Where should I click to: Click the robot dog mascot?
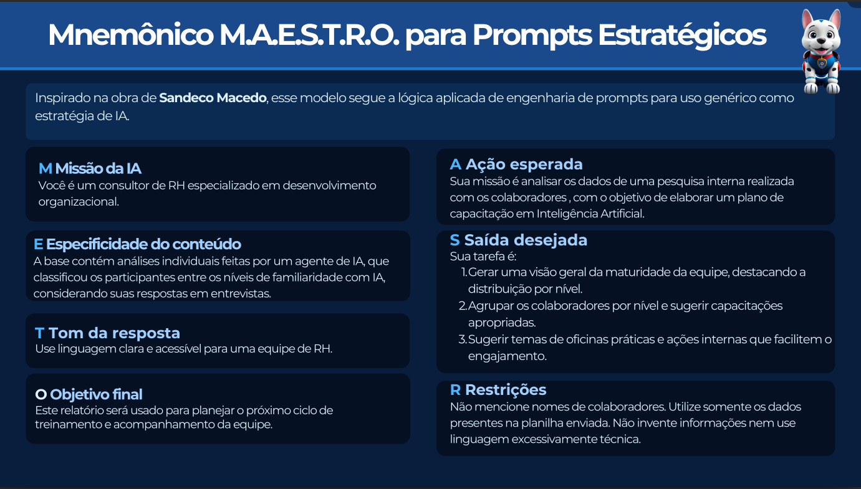coord(821,52)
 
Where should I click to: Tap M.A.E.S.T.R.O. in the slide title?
coord(309,35)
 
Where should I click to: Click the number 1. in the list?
coord(464,273)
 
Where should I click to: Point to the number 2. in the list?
coord(463,306)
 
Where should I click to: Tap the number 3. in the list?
coord(463,339)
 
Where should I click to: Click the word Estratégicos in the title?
coord(682,35)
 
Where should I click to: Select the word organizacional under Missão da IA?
coord(79,202)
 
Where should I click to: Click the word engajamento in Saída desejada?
coord(507,356)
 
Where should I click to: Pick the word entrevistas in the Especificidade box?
coord(240,293)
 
